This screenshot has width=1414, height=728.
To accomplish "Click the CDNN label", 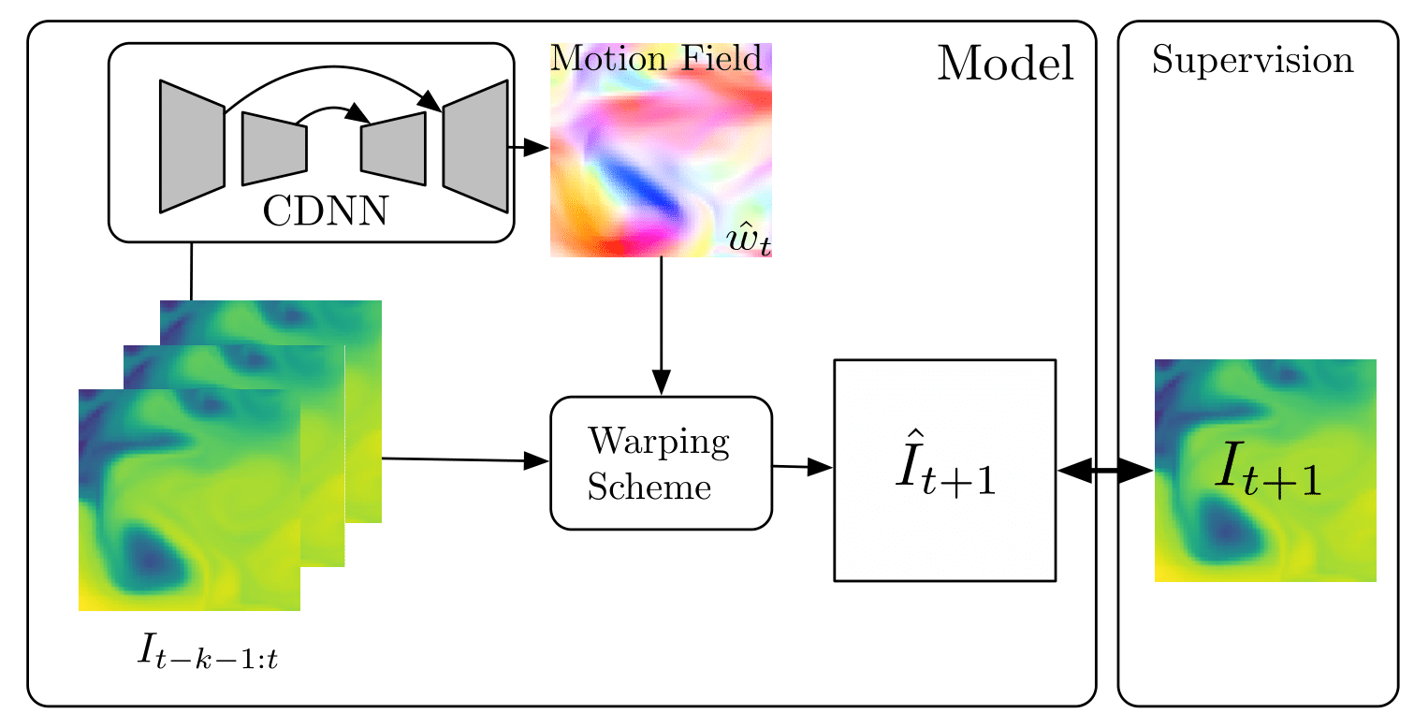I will pyautogui.click(x=325, y=211).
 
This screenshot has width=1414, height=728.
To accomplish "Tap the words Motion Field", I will pyautogui.click(x=657, y=59).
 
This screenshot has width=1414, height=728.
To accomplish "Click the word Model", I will pyautogui.click(x=1005, y=64).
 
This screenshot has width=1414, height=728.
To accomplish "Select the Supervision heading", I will pyautogui.click(x=1252, y=60).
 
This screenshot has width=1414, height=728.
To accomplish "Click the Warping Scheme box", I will pyautogui.click(x=661, y=463).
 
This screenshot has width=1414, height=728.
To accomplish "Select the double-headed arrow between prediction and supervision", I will pyautogui.click(x=1105, y=472).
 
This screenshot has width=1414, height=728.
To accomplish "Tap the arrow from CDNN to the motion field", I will pyautogui.click(x=529, y=147).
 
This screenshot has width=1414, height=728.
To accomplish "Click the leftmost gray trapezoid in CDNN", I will pyautogui.click(x=192, y=145).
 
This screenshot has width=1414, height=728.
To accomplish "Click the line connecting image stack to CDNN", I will pyautogui.click(x=191, y=271).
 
